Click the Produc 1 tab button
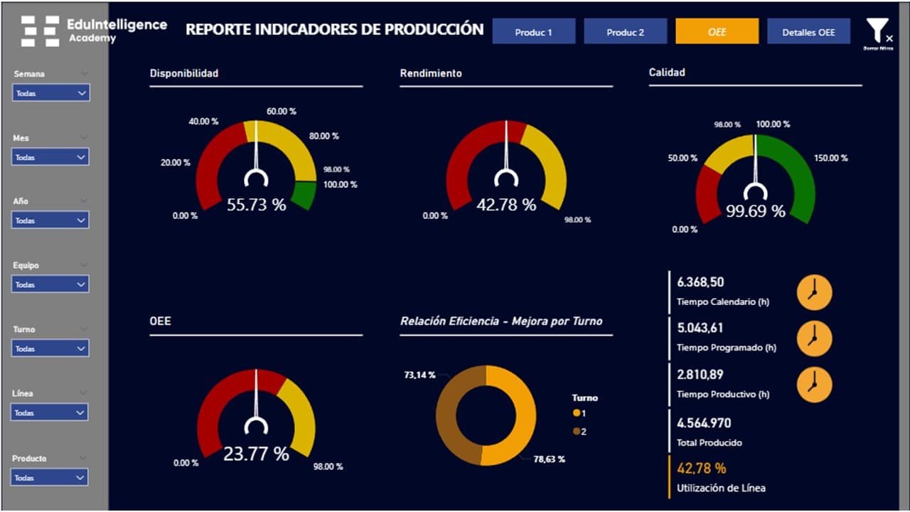(534, 32)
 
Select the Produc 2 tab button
(626, 32)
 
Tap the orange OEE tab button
(717, 32)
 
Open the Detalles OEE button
(808, 32)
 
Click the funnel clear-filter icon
(877, 33)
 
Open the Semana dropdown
(51, 93)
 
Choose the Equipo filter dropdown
(51, 284)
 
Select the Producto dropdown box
(51, 478)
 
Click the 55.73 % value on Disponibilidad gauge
(256, 205)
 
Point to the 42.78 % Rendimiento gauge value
(506, 205)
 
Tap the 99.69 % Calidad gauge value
(755, 211)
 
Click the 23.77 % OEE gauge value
(256, 454)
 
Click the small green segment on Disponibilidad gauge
(303, 195)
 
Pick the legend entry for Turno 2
(579, 432)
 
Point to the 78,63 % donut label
(549, 459)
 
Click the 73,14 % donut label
(419, 375)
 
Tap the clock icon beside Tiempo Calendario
(814, 292)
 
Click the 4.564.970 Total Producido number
(704, 423)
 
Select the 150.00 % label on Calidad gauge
(831, 158)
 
